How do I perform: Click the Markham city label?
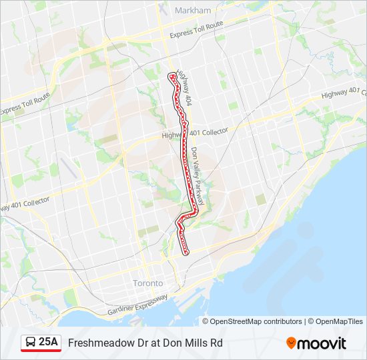tap(192, 10)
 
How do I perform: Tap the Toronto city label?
tap(147, 283)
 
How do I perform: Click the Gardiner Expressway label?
tap(137, 306)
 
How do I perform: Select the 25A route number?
tap(49, 343)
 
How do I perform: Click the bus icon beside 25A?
tap(31, 343)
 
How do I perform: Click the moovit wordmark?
tap(322, 343)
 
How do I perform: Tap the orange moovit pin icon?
tap(291, 343)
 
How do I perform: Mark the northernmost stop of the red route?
tap(171, 75)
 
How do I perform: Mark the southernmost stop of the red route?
tap(186, 252)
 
